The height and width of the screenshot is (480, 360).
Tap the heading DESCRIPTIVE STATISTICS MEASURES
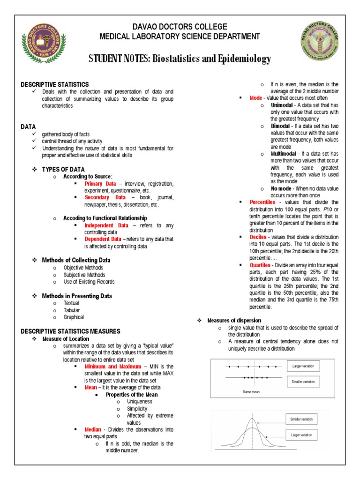click(x=70, y=331)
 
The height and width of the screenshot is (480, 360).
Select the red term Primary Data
click(x=100, y=184)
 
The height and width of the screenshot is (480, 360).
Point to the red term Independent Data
click(x=106, y=225)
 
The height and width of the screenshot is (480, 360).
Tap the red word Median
click(x=93, y=429)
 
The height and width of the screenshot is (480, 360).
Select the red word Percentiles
click(x=262, y=202)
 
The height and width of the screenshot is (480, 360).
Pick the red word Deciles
click(x=258, y=237)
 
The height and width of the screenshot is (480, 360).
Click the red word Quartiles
click(x=260, y=265)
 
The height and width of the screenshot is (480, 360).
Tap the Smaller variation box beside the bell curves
click(x=301, y=419)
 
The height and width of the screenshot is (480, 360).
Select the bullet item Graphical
click(x=74, y=317)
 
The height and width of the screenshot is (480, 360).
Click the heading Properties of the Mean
click(x=132, y=394)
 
